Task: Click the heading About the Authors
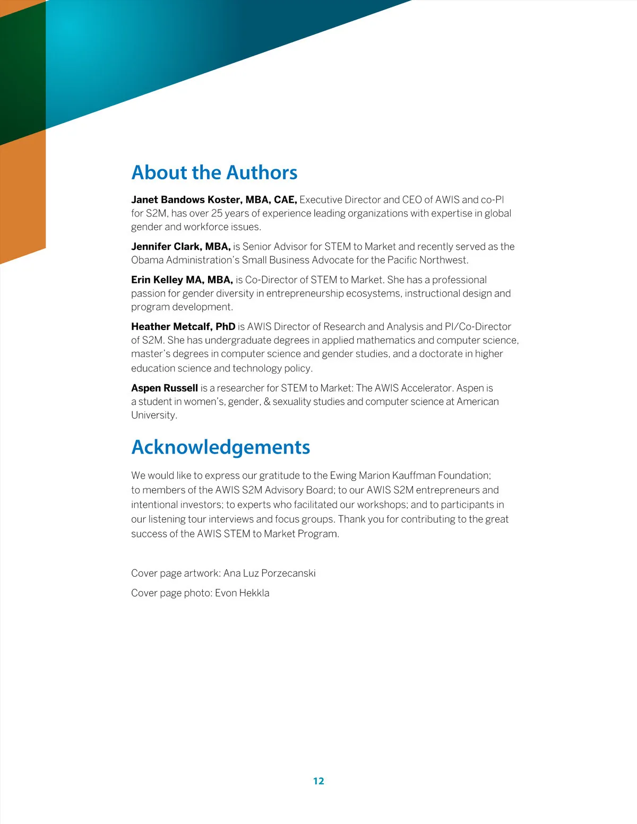pos(214,172)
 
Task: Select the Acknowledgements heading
pos(220,447)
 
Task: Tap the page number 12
pos(318,780)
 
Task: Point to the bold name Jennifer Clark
pos(166,246)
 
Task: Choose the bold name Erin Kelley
pos(157,280)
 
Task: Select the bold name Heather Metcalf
pos(171,326)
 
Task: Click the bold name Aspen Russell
pos(165,388)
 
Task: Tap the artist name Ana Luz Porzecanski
pos(270,573)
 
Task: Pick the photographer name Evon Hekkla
pos(242,593)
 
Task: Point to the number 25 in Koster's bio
pos(217,213)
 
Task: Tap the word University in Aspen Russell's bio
pos(153,415)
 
